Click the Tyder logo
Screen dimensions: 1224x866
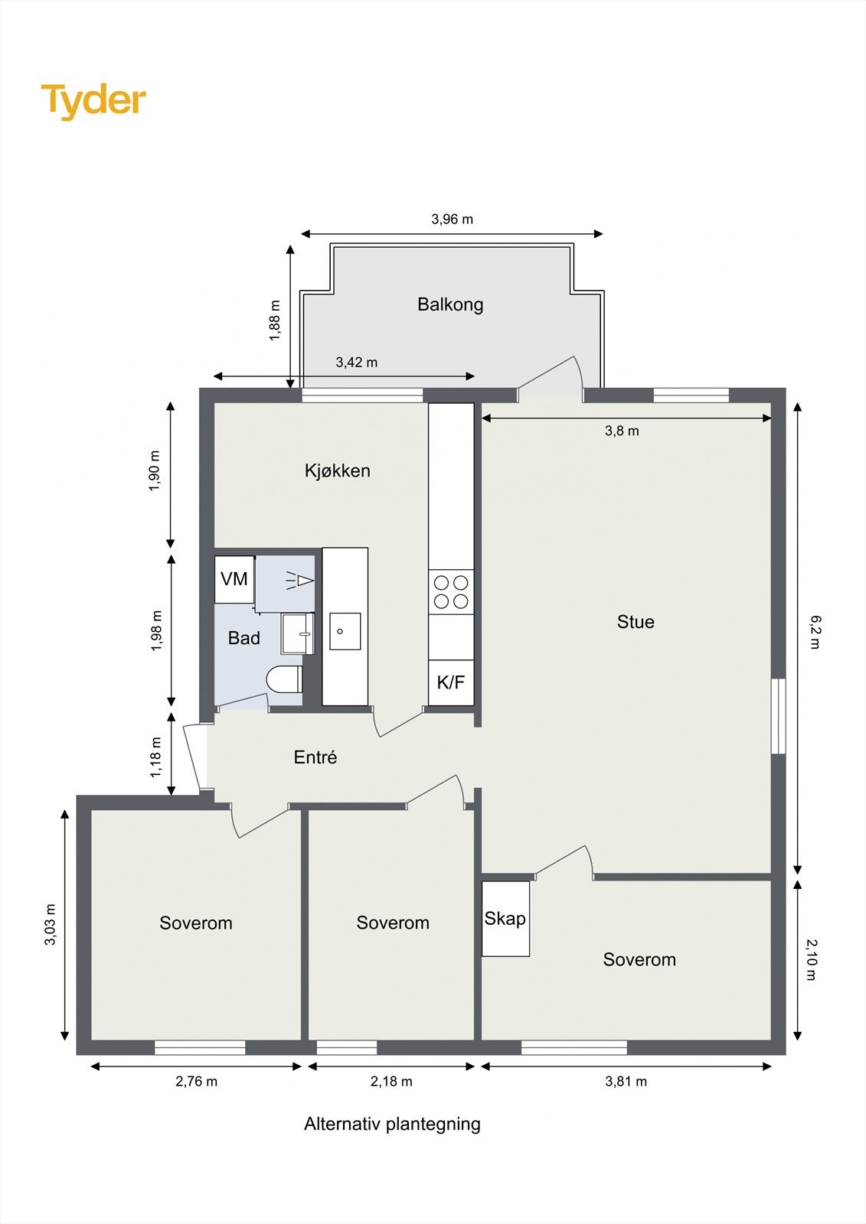coord(93,101)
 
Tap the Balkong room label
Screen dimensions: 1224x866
coord(450,304)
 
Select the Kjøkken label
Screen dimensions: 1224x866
coord(337,470)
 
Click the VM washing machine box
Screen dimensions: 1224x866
coord(234,579)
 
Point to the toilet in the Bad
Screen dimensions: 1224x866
coord(285,679)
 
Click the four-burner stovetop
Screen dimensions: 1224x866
coord(451,592)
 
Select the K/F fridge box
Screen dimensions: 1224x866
coord(451,682)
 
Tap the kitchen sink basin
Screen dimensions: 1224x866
coord(345,631)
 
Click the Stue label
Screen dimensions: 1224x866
coord(636,622)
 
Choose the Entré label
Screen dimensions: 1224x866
coord(315,757)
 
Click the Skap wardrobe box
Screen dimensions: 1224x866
coord(505,919)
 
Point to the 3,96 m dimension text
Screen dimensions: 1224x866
coord(452,220)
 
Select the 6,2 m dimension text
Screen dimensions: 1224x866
coord(815,632)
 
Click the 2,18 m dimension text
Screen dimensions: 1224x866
coord(391,1082)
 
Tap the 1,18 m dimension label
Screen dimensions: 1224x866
coord(156,757)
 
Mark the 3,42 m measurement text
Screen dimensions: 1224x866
coord(357,363)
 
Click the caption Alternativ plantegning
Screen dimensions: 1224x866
coord(392,1125)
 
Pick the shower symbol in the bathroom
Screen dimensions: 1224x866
coord(299,581)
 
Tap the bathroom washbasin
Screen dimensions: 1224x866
coord(297,633)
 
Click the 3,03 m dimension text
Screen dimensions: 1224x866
coord(51,925)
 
